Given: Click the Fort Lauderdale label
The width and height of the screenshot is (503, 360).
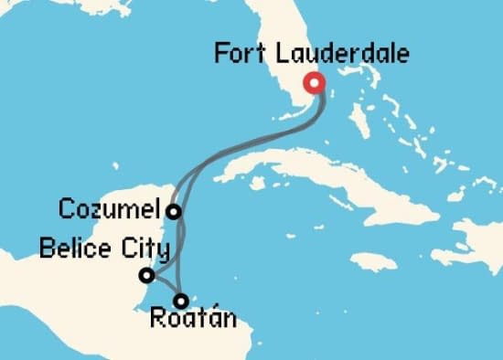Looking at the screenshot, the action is tap(311, 52).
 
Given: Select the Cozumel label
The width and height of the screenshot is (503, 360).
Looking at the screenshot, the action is tap(109, 209).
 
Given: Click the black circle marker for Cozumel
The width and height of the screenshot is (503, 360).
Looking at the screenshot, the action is tap(172, 212).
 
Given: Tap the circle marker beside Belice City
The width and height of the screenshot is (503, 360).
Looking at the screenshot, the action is tap(145, 275).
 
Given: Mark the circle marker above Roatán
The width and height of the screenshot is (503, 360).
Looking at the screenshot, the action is tap(181, 300).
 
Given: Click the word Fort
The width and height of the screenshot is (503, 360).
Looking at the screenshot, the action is tap(239, 52).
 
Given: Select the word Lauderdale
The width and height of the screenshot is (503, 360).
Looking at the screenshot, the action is tap(339, 52).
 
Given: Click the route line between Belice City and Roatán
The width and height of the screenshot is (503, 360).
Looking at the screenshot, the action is tap(164, 288).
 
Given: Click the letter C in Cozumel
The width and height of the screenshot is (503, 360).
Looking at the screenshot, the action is tap(67, 209).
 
